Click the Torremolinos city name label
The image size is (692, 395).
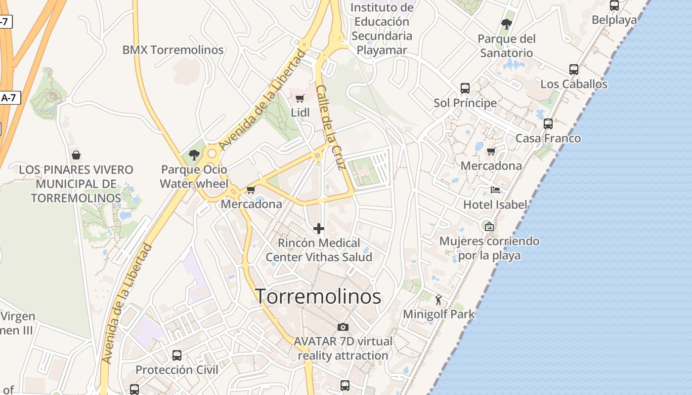click(318, 296)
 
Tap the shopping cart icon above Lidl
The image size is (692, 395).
click(300, 98)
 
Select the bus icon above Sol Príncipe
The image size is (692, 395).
click(465, 88)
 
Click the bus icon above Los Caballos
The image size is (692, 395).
click(574, 70)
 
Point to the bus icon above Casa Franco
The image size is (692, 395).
click(548, 124)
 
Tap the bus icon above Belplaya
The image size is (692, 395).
click(614, 5)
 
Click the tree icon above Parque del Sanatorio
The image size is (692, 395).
click(507, 24)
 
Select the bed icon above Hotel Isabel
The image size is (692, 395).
click(495, 190)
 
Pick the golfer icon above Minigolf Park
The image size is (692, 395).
click(438, 299)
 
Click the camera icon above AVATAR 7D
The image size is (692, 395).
click(343, 327)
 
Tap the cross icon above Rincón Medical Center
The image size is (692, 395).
click(319, 229)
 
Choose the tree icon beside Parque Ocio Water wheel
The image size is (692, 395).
click(194, 155)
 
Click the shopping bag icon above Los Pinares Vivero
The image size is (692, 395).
click(76, 155)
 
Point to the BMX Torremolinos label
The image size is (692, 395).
click(173, 50)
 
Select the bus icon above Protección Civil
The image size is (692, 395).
click(177, 355)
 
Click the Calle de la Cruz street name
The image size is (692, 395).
click(330, 127)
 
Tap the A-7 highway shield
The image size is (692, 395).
click(9, 98)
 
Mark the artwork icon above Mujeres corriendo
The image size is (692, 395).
click(489, 227)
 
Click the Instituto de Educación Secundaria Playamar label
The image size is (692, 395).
click(382, 29)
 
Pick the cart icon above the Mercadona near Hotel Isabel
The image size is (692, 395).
click(491, 151)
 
